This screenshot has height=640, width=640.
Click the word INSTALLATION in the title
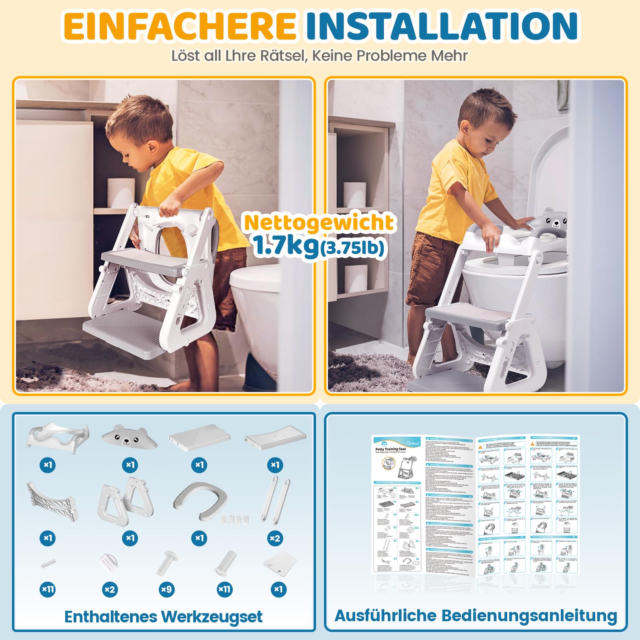point(442,26)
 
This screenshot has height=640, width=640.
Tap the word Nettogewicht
point(319,222)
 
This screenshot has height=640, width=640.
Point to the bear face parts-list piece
point(129,437)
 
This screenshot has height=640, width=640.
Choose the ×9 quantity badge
point(166,589)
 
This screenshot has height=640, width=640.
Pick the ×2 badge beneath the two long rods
point(275,538)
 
